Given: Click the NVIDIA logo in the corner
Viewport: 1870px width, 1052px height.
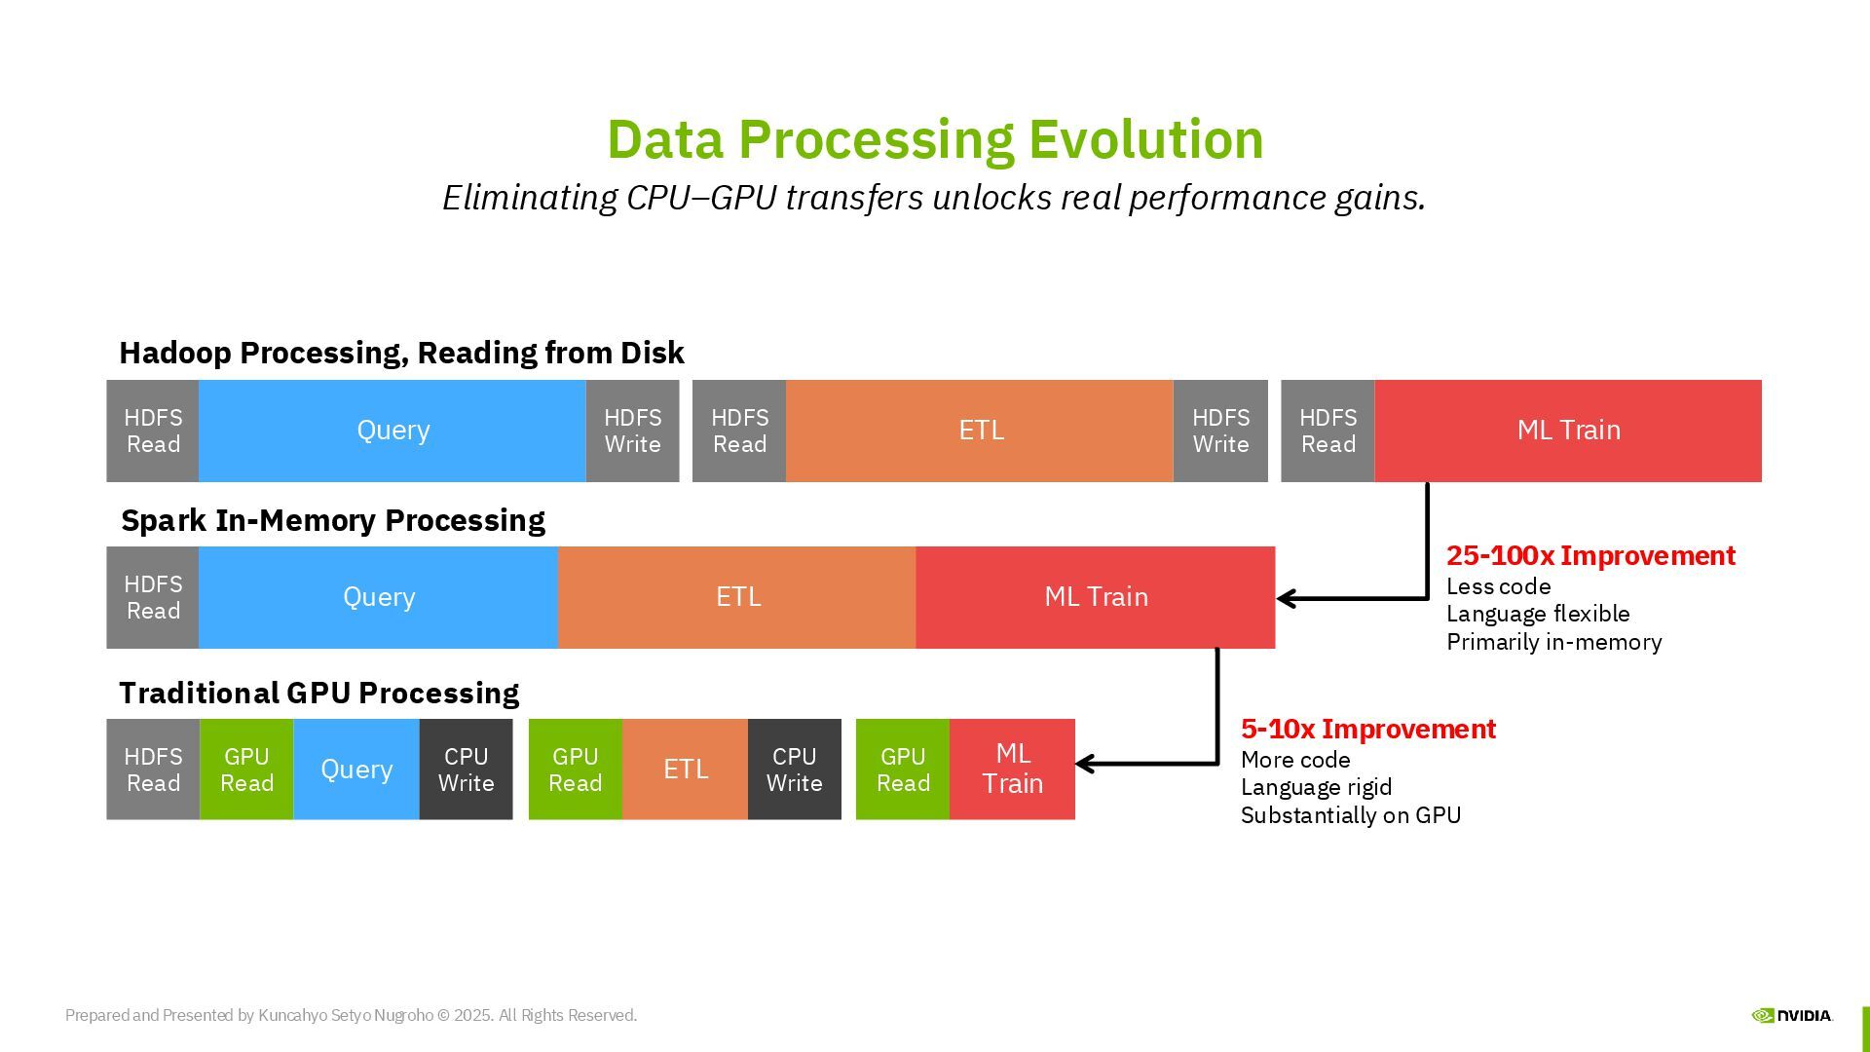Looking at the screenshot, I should tap(1791, 1015).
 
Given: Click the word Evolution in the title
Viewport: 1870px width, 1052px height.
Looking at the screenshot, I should tap(1145, 139).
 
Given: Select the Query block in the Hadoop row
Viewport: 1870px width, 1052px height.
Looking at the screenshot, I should tap(393, 431).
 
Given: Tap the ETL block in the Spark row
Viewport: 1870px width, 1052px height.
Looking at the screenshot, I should tap(737, 597).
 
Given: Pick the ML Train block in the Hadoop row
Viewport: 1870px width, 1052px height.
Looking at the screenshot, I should tap(1568, 431).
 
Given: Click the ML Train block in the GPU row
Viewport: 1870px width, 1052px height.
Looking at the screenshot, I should tap(1012, 769).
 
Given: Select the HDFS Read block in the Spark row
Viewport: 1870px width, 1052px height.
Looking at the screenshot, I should tap(153, 597).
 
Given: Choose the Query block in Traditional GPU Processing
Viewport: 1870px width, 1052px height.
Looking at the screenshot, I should tap(356, 769).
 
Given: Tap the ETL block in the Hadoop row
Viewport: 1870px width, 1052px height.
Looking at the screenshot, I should tap(980, 431).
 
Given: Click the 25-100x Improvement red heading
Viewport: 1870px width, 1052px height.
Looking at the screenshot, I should tap(1590, 556).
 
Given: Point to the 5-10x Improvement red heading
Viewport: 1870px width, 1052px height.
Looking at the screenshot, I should tap(1367, 730).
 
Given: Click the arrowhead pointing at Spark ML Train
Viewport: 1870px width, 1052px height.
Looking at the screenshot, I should tap(1287, 598).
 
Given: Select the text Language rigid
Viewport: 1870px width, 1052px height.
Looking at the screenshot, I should tap(1316, 787).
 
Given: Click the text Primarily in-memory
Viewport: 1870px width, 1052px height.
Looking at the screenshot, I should tap(1553, 642).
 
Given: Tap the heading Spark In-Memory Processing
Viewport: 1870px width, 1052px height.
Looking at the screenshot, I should tap(332, 520).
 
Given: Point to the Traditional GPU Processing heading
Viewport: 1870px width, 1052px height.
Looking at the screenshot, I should tap(318, 693).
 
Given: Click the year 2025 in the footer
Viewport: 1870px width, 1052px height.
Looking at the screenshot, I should tap(472, 1015).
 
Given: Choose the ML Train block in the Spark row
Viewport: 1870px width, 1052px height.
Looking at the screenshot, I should tap(1096, 597).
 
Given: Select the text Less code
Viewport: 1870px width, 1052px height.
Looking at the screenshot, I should tap(1498, 586).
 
